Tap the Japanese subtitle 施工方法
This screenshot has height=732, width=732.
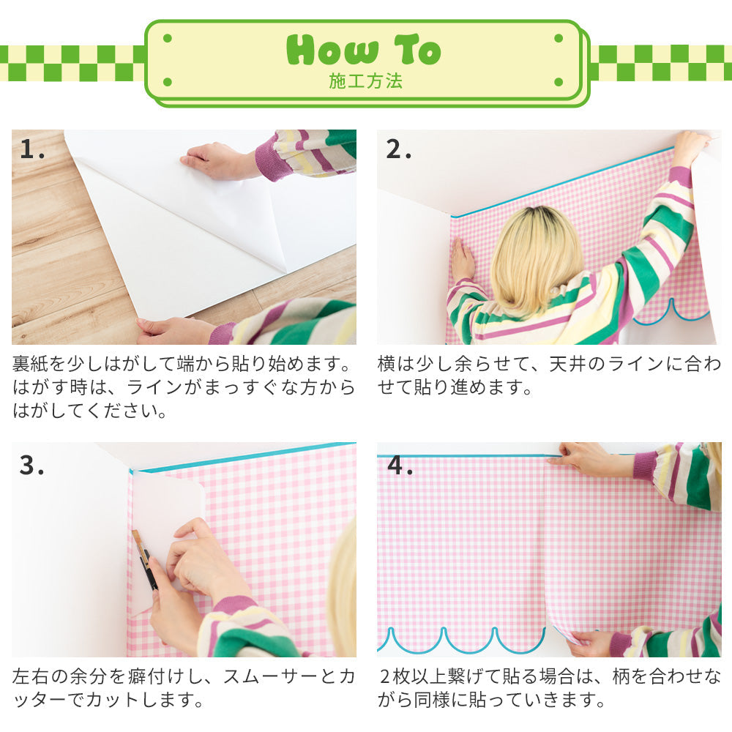point(365,81)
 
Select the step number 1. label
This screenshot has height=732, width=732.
point(33,149)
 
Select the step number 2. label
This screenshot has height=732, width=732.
point(399,149)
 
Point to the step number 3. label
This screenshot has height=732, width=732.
point(33,465)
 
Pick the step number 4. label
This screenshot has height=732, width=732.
point(400,465)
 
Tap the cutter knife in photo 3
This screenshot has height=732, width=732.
point(145,560)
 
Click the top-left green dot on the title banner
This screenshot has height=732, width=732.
point(168,38)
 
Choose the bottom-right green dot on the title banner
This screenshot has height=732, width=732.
point(559,83)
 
